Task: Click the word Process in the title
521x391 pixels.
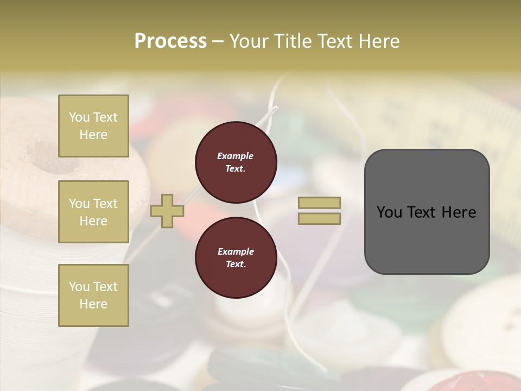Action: coord(170,41)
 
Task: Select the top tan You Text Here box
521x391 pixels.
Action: coord(93,126)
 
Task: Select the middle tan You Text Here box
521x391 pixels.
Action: coord(93,212)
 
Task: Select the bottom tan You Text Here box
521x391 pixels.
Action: coord(93,295)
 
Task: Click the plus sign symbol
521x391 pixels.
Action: coord(167,211)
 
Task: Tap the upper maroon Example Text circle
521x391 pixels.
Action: coord(236,162)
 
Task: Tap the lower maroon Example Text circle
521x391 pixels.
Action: coord(236,257)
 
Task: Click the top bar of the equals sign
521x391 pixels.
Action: coord(319,203)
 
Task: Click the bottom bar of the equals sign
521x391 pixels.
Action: coord(319,218)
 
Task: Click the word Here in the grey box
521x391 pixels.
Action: coord(459,212)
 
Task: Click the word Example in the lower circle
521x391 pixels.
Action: coord(236,251)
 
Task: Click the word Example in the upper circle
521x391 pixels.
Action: coord(236,156)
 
